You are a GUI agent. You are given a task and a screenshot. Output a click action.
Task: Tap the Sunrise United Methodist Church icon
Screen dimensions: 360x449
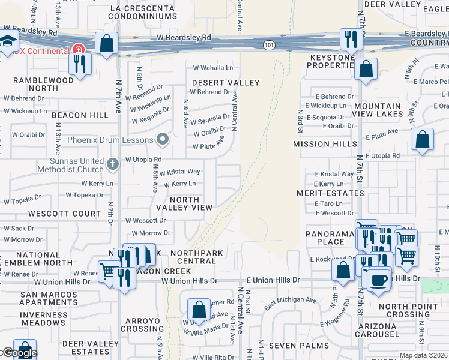(112, 164)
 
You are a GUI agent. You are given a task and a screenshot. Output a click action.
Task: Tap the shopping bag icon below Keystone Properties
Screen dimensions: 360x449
(366, 69)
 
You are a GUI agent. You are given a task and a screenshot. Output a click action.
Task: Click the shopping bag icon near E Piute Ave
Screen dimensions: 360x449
(422, 139)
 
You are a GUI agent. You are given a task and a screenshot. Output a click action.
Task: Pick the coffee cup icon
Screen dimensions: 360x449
(378, 280)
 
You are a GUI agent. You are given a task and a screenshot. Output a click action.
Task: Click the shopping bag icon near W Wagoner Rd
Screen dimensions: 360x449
(199, 310)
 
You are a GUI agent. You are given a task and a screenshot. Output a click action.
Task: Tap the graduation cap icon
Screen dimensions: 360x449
(8, 41)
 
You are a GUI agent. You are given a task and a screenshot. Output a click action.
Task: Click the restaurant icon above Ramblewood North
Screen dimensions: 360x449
(80, 62)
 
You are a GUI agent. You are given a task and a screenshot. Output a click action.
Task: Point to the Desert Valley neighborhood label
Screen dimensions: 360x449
(225, 83)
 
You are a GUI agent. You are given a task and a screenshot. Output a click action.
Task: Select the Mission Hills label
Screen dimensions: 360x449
(320, 144)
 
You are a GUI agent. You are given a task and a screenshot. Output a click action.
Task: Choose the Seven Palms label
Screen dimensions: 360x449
(300, 346)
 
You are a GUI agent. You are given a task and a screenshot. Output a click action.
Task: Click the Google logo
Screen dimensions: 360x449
(19, 353)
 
